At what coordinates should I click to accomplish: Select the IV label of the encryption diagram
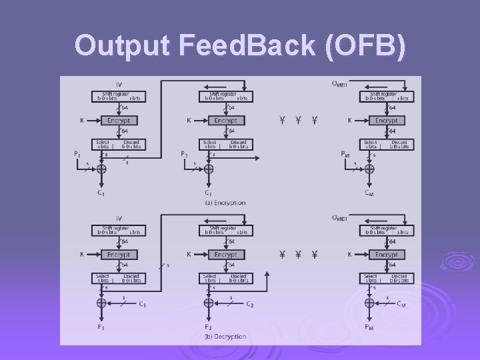point(119,84)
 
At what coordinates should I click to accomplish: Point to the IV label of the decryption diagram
point(119,217)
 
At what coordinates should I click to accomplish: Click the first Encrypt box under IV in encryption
point(119,121)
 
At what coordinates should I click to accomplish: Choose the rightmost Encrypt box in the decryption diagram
point(386,255)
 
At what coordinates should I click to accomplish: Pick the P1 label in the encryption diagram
point(78,155)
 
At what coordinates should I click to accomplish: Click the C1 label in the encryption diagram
point(100,193)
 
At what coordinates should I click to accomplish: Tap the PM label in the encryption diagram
point(345,155)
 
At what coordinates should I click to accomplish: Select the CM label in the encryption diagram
point(369,193)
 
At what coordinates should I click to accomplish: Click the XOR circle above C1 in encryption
point(101,169)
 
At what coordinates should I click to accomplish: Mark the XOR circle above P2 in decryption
point(209,303)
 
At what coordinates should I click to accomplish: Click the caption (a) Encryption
point(225,203)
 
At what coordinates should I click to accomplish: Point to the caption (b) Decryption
point(225,337)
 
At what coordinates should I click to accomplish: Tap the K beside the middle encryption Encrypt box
point(189,121)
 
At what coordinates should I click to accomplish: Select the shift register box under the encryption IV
point(119,97)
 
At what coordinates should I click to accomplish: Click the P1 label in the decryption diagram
point(101,327)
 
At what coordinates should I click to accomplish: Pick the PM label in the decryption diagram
point(369,327)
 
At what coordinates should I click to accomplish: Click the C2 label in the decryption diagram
point(249,305)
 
